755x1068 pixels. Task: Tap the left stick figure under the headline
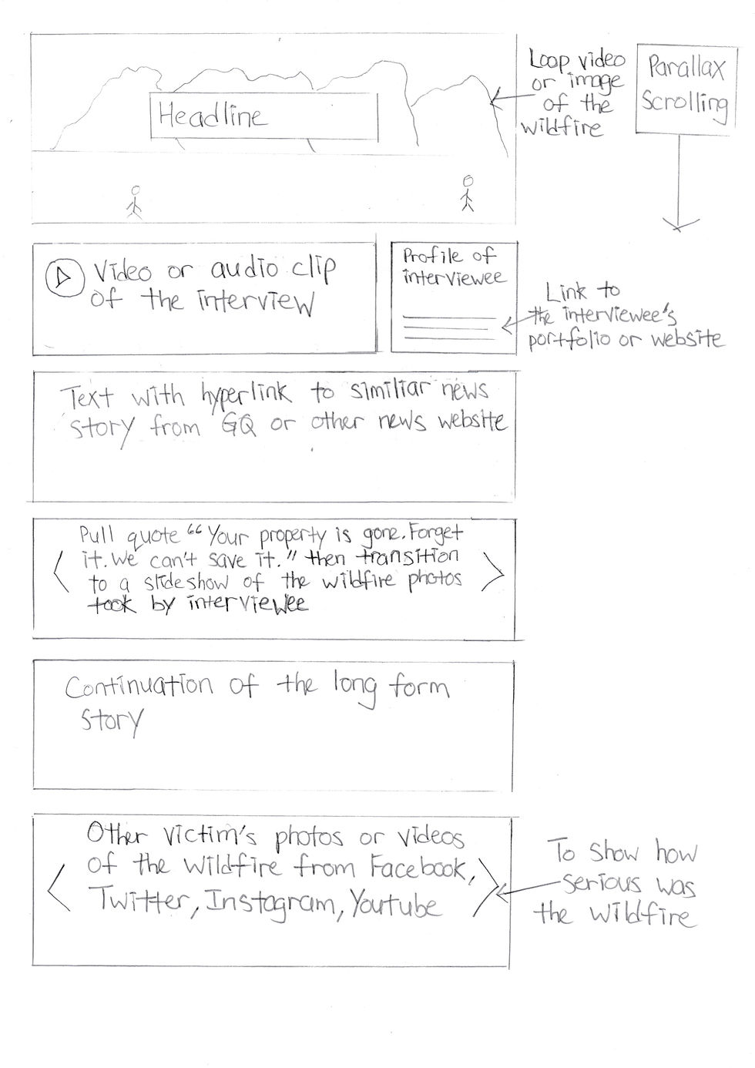tap(136, 201)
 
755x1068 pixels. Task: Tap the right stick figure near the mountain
tap(467, 194)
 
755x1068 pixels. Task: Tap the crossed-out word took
tap(112, 606)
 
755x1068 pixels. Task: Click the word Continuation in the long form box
tap(139, 686)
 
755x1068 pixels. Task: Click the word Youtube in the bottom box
tap(395, 904)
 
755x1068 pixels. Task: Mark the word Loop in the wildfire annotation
tap(547, 62)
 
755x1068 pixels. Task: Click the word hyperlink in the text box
tap(246, 394)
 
